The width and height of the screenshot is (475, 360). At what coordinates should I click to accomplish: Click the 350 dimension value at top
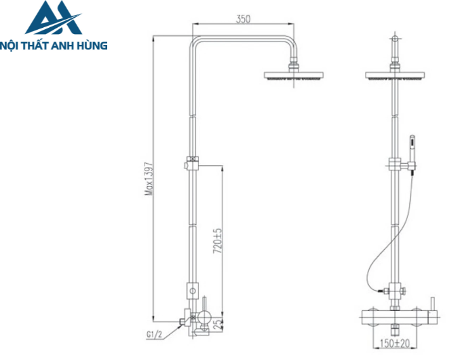[244, 18]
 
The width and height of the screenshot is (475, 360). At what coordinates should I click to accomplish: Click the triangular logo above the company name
[54, 20]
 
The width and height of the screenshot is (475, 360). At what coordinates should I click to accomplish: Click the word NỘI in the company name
[14, 46]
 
